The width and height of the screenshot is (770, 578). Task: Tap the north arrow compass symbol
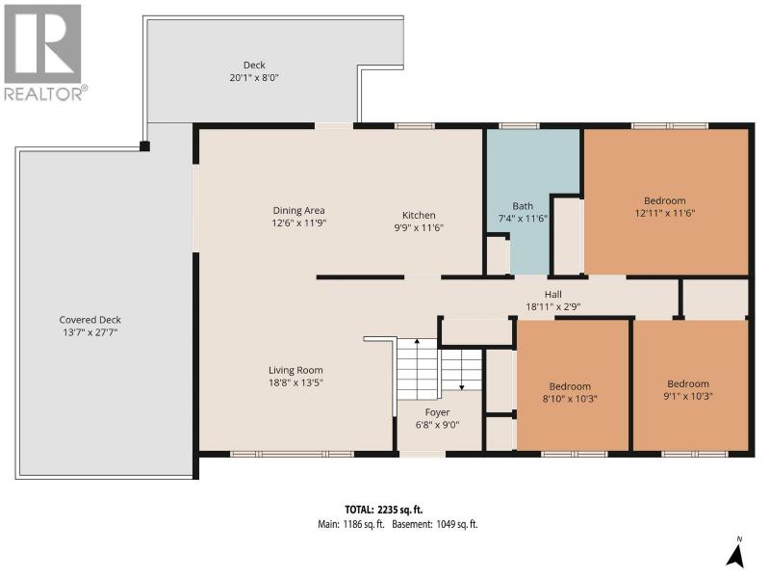pos(734,552)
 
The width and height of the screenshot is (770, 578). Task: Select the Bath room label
pos(523,206)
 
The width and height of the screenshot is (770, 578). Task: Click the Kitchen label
pos(419,215)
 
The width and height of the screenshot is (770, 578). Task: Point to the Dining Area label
pos(298,210)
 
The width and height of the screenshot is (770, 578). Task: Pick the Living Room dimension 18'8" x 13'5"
pos(295,382)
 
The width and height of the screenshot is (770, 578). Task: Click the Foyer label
pos(437,412)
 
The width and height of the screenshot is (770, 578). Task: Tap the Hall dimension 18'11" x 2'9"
pos(552,306)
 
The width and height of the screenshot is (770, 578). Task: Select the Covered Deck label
pos(90,320)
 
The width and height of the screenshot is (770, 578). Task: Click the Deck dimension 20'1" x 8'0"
pos(254,77)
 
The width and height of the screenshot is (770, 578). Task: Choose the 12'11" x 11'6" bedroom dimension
pos(665,213)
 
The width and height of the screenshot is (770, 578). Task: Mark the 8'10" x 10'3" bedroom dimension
pos(570,399)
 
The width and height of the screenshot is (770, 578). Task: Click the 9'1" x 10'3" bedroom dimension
pos(687,396)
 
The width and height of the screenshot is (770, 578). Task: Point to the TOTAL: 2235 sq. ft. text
pos(383,510)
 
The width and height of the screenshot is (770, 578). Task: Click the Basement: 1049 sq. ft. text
pos(435,524)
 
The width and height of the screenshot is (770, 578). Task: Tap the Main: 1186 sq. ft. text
pos(350,524)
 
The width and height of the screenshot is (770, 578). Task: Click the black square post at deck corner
pos(144,146)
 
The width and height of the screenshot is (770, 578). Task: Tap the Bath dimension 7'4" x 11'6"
pos(523,219)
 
